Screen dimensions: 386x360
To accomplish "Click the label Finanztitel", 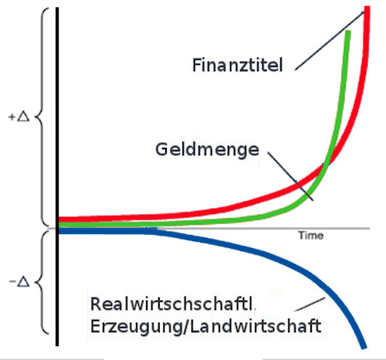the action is (238, 65).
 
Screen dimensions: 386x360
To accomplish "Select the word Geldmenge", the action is (207, 149).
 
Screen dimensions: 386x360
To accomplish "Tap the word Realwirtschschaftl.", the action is (171, 304).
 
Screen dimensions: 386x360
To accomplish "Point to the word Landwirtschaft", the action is (256, 326).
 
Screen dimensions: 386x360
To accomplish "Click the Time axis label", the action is (310, 236).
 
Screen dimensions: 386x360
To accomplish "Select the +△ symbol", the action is (19, 117).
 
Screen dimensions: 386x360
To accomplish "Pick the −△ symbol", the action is (19, 282).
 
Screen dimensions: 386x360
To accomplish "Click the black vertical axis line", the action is (57, 177).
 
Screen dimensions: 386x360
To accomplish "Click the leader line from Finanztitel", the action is (330, 41).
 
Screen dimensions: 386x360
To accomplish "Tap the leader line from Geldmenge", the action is (290, 176).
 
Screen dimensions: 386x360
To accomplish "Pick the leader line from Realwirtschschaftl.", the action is (310, 304).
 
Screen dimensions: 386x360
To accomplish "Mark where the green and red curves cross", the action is (326, 164).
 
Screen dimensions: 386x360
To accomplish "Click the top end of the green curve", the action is (348, 31).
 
